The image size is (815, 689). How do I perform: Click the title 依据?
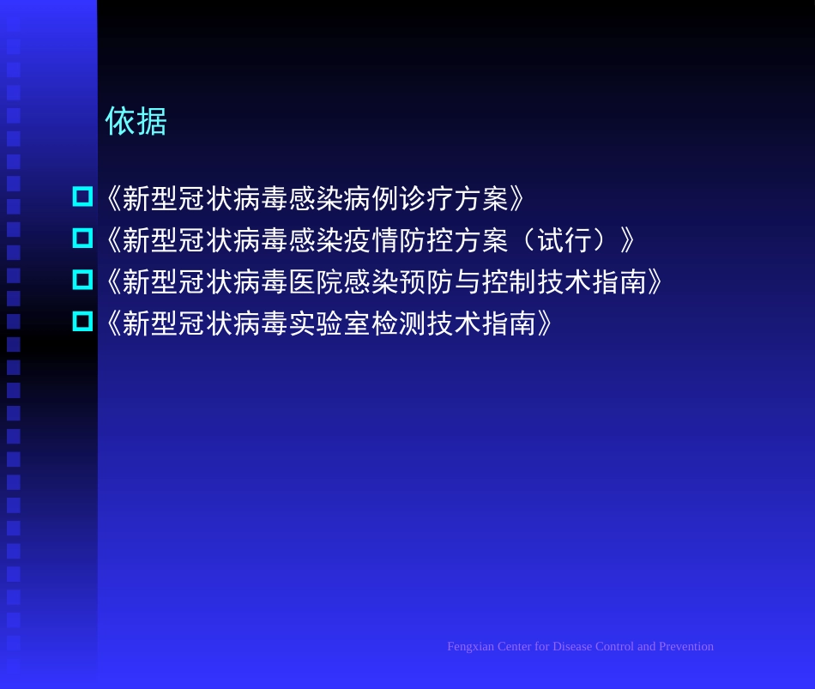[x=136, y=121]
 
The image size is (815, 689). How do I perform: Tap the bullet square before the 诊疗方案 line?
[x=82, y=196]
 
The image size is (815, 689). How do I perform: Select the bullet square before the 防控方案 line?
[x=82, y=238]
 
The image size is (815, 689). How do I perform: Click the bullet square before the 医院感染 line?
[x=82, y=279]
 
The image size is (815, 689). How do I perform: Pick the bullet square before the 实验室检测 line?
[x=82, y=321]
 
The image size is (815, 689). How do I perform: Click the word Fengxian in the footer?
[x=470, y=647]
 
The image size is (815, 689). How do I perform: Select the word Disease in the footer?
[x=571, y=647]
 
